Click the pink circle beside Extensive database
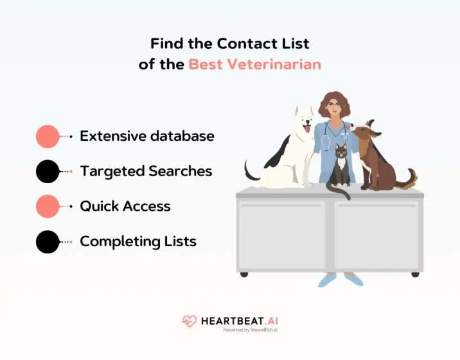[48, 137]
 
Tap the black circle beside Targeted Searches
[48, 172]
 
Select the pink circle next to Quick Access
[48, 207]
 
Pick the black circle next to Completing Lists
[48, 242]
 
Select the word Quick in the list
[98, 207]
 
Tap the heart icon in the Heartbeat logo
[190, 321]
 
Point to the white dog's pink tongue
[306, 129]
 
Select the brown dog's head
[364, 133]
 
